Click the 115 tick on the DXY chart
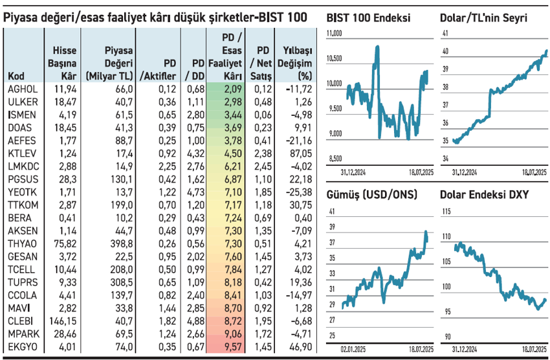[x=446, y=212]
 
